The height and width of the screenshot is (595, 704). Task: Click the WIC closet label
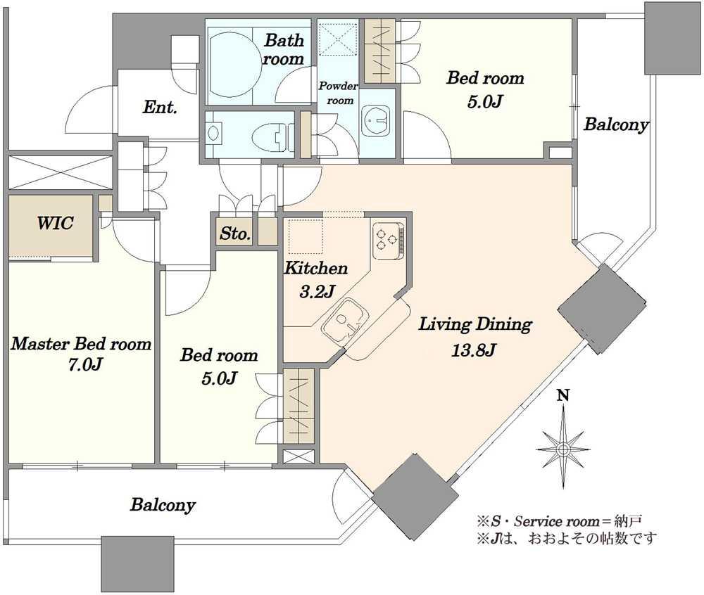pyautogui.click(x=55, y=223)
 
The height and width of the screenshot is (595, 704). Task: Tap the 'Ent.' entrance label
pyautogui.click(x=160, y=107)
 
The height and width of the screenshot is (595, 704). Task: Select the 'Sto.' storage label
pyautogui.click(x=235, y=233)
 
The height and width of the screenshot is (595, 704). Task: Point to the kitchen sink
pyautogui.click(x=345, y=322)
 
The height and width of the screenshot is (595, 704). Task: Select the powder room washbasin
pyautogui.click(x=376, y=120)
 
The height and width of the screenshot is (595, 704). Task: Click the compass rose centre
pyautogui.click(x=563, y=449)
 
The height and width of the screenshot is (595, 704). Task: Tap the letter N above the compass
pyautogui.click(x=563, y=395)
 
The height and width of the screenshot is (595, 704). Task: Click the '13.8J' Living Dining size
pyautogui.click(x=473, y=350)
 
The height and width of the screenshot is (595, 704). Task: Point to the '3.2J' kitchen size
pyautogui.click(x=317, y=291)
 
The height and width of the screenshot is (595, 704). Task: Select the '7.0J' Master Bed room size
pyautogui.click(x=84, y=364)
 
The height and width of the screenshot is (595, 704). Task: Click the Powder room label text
pyautogui.click(x=339, y=94)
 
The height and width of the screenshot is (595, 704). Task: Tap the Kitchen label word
pyautogui.click(x=316, y=268)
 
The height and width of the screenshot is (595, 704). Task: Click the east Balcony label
pyautogui.click(x=616, y=124)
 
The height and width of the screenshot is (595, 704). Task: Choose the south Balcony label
pyautogui.click(x=163, y=505)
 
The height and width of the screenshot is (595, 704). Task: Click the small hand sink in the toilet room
pyautogui.click(x=213, y=133)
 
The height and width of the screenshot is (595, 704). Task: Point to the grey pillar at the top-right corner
pyautogui.click(x=672, y=37)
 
